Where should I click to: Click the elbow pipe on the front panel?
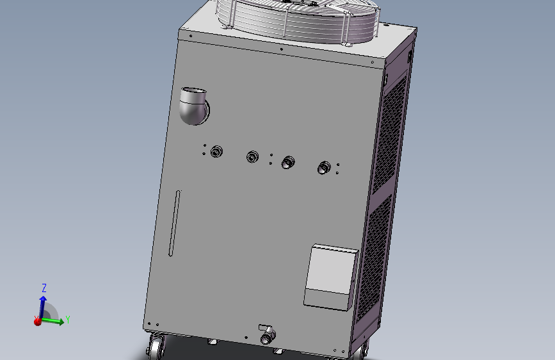pos(193,106)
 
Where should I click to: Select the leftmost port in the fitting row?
pos(216,151)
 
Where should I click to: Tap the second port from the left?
pos(253,156)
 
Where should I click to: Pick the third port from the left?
pos(288,161)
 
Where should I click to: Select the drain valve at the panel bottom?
pos(266,335)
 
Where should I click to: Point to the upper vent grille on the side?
pos(392,135)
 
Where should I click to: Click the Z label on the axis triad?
pos(44,288)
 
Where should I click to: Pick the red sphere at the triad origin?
pos(38,322)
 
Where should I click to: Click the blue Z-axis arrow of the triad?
pos(43,304)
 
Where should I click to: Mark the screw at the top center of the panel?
pos(281,49)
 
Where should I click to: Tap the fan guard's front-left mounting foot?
pos(225,26)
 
